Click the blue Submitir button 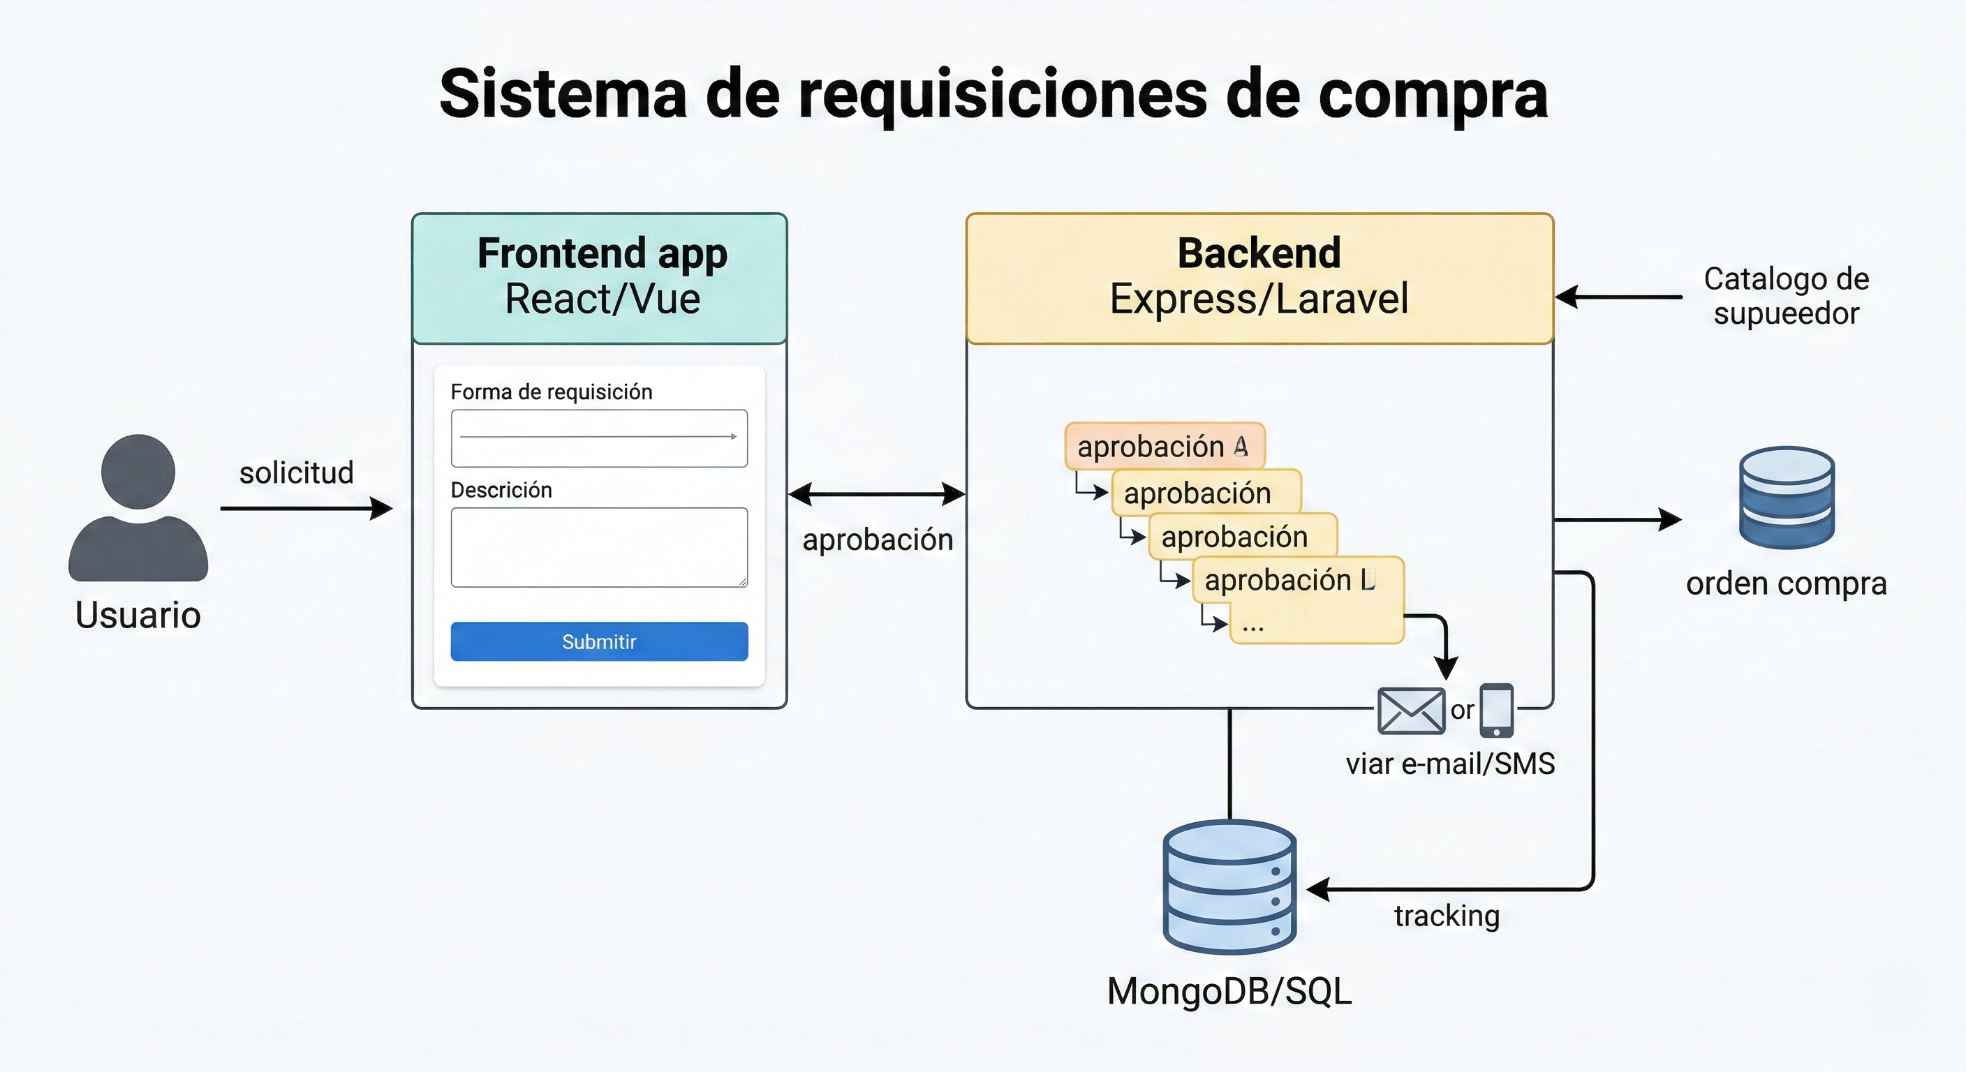click(599, 641)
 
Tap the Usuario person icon click(138, 507)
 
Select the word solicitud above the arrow click(296, 472)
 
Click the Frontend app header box click(599, 278)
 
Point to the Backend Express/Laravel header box click(1259, 278)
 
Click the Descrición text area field click(599, 547)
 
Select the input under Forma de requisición click(599, 438)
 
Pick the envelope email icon click(1410, 710)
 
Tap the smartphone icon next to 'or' click(1497, 710)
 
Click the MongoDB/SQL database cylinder click(1229, 887)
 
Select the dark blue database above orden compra click(1786, 498)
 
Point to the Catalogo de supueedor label click(1786, 296)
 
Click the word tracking click(1447, 916)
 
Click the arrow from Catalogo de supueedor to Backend click(1618, 297)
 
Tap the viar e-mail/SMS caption click(1449, 764)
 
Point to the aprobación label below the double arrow click(877, 539)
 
